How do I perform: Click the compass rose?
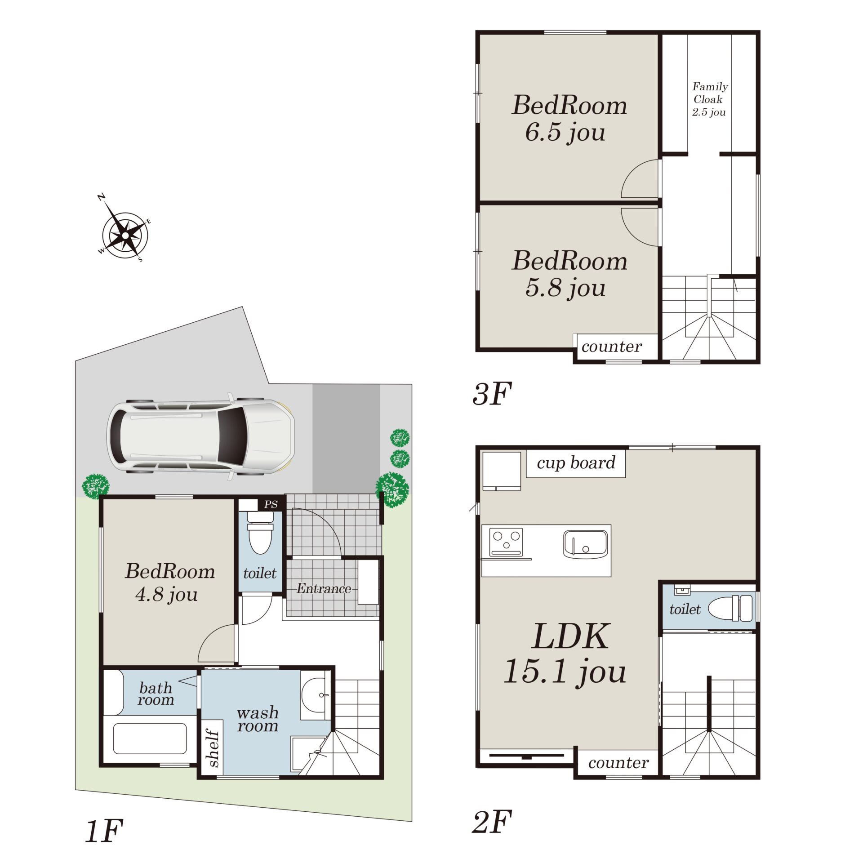(125, 235)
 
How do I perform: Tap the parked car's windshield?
(232, 436)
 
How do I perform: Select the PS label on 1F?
(271, 504)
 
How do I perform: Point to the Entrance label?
(324, 588)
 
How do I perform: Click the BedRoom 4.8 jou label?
(169, 583)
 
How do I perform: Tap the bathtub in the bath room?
(150, 738)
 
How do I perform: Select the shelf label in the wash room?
(213, 748)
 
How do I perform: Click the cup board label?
(576, 463)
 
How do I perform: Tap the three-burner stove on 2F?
(506, 542)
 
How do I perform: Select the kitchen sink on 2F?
(585, 544)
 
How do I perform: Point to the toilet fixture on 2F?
(730, 609)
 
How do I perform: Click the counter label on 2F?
(618, 763)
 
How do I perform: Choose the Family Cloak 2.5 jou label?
(710, 99)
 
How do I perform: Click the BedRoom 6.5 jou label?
(569, 118)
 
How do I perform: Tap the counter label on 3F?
(611, 347)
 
